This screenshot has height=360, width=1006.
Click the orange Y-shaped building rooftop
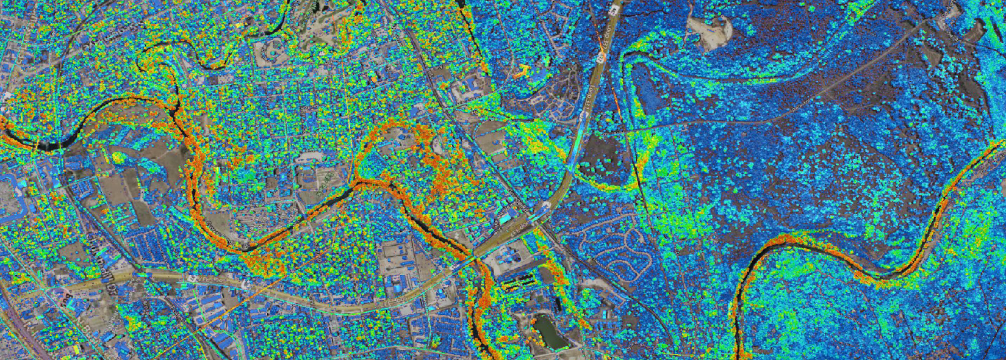(x=523, y=71)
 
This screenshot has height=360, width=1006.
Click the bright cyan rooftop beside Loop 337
(x=505, y=217)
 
